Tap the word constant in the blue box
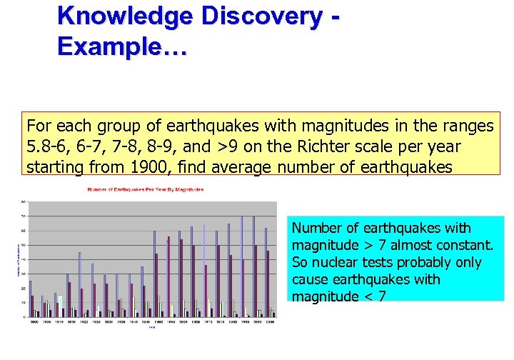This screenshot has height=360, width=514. [460, 245]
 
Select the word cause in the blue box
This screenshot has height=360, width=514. [311, 279]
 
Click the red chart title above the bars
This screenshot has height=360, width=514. [145, 189]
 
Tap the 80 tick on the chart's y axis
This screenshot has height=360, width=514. [23, 201]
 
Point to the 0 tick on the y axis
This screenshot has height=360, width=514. [24, 316]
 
